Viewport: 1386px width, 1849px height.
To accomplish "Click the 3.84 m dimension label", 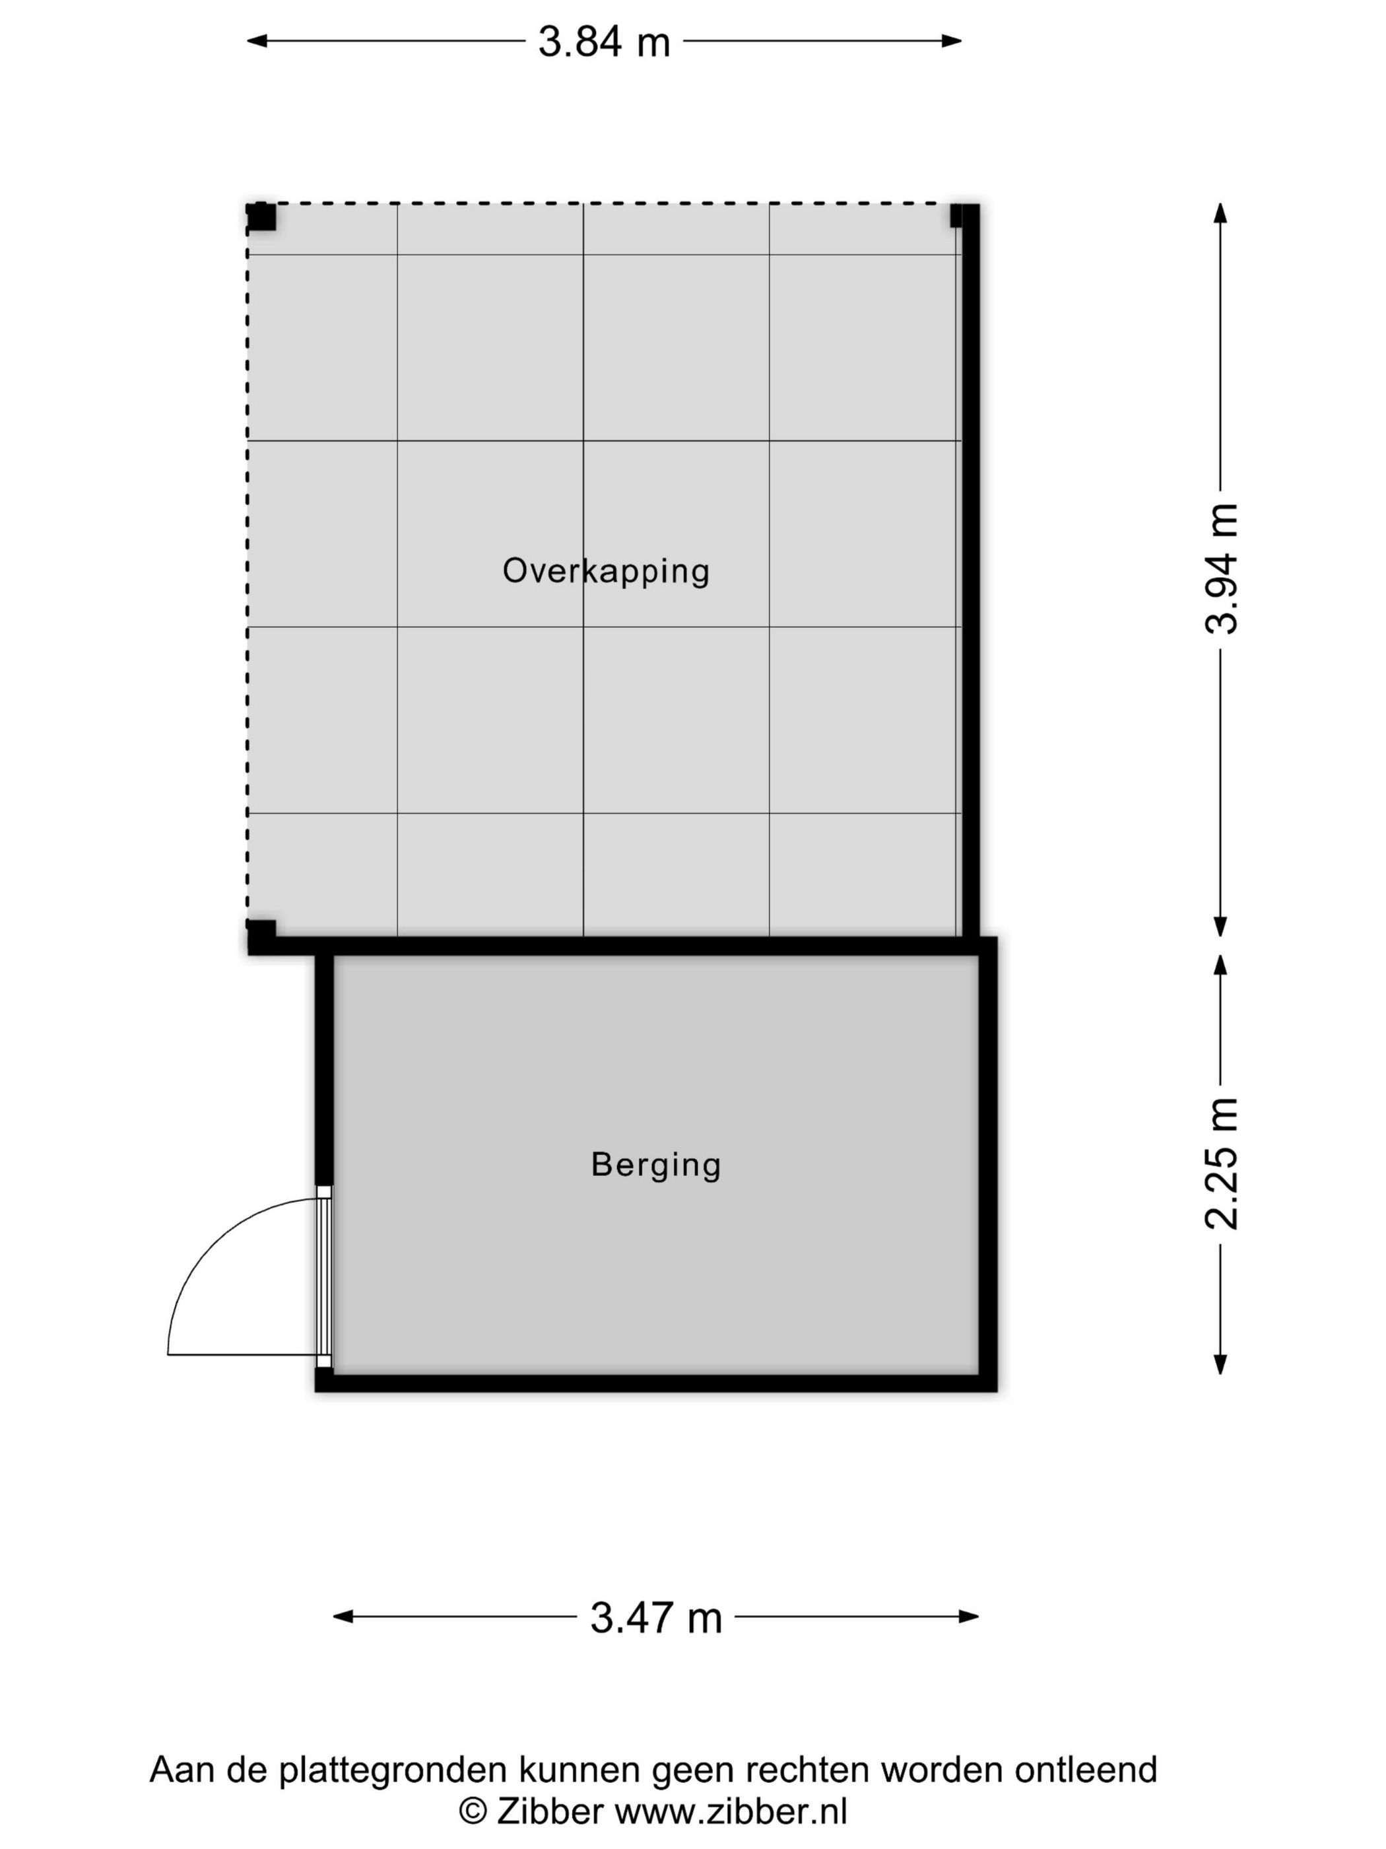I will click(x=603, y=42).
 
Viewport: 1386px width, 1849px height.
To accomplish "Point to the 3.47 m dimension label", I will click(x=656, y=1617).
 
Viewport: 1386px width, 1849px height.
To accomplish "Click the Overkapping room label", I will click(x=606, y=571).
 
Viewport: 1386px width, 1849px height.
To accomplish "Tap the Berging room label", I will click(x=656, y=1164).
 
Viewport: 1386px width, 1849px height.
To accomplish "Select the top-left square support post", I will click(x=261, y=217).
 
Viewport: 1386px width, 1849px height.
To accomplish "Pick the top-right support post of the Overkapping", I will click(x=958, y=217).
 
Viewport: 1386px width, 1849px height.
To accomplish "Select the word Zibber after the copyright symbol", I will click(x=550, y=1811).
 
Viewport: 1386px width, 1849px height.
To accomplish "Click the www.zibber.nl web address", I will click(x=731, y=1811).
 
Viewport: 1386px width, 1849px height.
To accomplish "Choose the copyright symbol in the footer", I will click(x=473, y=1811).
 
